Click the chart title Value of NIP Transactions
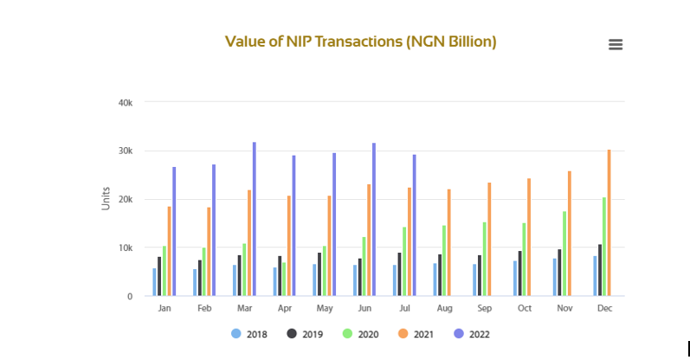(x=360, y=42)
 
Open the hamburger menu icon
(x=616, y=45)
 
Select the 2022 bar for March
(x=255, y=219)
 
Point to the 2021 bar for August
(x=449, y=242)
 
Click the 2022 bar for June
(x=374, y=219)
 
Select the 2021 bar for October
(x=529, y=237)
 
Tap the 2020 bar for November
(x=564, y=254)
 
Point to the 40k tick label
(x=125, y=103)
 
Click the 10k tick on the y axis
(x=125, y=248)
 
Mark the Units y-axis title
(x=106, y=199)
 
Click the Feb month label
(x=204, y=309)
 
